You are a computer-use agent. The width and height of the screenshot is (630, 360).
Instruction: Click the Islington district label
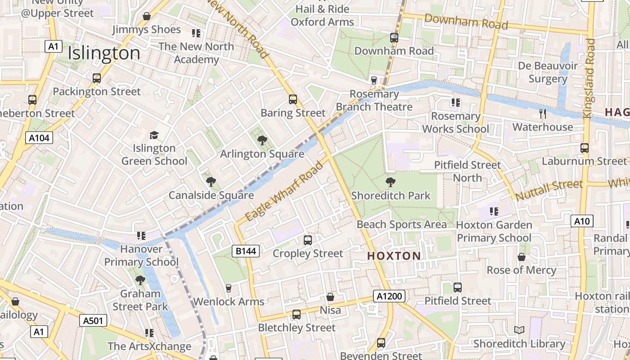click(x=104, y=54)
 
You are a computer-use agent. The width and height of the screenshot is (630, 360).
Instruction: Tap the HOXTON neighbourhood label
click(x=394, y=256)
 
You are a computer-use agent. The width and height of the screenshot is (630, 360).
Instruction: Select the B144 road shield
click(x=246, y=251)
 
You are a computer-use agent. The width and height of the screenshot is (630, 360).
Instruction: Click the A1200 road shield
click(x=389, y=296)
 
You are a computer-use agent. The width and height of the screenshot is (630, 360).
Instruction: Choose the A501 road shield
click(x=93, y=320)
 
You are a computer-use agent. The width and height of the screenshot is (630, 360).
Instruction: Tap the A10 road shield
click(x=582, y=221)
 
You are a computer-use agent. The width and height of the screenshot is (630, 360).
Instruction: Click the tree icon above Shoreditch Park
click(x=391, y=182)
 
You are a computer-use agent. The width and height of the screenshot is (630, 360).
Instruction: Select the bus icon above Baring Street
click(x=293, y=99)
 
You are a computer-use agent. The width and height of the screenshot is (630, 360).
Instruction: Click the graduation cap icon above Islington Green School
click(x=154, y=135)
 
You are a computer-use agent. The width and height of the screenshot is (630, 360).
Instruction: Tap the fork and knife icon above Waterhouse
click(x=543, y=113)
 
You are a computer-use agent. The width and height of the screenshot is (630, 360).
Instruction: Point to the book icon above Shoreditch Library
click(x=519, y=330)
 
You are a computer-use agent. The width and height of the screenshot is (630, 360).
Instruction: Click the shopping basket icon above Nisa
click(x=330, y=297)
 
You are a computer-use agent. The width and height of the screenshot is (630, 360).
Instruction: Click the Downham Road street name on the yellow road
click(x=466, y=21)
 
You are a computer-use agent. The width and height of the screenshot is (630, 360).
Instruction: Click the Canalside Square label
click(x=211, y=195)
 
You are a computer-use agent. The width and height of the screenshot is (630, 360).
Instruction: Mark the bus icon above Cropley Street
click(x=308, y=240)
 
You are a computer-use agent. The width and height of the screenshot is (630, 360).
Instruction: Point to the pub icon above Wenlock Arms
click(x=229, y=288)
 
